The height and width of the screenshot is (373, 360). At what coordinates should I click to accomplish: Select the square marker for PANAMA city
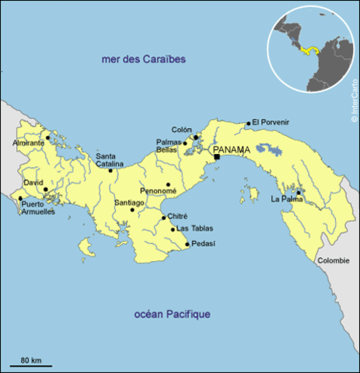pos(217,157)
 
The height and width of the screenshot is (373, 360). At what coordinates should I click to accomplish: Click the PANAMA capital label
pos(232,149)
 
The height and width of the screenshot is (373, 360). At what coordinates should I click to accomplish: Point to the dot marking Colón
pos(196,138)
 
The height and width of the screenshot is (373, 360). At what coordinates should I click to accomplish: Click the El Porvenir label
pos(270,122)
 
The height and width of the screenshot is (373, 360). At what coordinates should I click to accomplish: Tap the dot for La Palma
pos(298,192)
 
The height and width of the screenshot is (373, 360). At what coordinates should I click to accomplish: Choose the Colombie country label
pos(333,261)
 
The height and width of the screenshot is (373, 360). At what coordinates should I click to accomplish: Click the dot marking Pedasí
pos(187,246)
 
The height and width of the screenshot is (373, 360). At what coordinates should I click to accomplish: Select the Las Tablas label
pos(194,228)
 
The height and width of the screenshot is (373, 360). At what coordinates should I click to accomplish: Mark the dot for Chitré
pos(163,218)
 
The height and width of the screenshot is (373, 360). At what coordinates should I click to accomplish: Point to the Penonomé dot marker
pos(168,185)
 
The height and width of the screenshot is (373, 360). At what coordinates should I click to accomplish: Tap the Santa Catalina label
pos(110,160)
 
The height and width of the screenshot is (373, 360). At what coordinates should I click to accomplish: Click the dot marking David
pos(45,189)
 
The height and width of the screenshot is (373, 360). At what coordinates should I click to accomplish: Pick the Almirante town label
pos(29,143)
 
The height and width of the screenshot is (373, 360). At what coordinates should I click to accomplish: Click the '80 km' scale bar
pos(31,363)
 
